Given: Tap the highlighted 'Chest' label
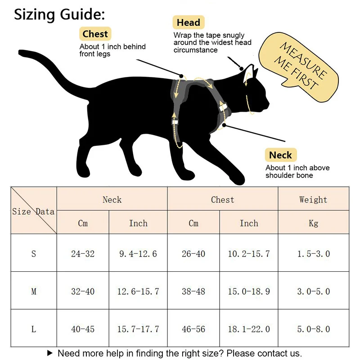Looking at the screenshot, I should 95,34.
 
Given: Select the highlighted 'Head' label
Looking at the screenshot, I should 188,22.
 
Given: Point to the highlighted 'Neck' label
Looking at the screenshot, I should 280,155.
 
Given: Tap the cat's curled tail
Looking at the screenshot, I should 54,67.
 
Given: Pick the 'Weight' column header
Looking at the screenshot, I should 313,199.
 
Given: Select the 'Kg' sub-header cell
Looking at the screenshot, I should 313,223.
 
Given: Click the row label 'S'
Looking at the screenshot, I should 34,253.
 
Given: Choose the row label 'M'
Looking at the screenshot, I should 34,291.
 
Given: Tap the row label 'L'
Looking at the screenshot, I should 34,329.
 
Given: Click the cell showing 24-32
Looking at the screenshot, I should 83,253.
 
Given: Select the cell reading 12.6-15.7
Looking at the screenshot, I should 138,291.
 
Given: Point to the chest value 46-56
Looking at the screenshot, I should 193,329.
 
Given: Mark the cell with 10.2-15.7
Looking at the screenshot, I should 249,253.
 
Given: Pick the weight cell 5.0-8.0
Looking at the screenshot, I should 313,329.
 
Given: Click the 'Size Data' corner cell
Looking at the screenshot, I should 34,211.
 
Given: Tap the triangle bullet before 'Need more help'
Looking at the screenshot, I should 50,353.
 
